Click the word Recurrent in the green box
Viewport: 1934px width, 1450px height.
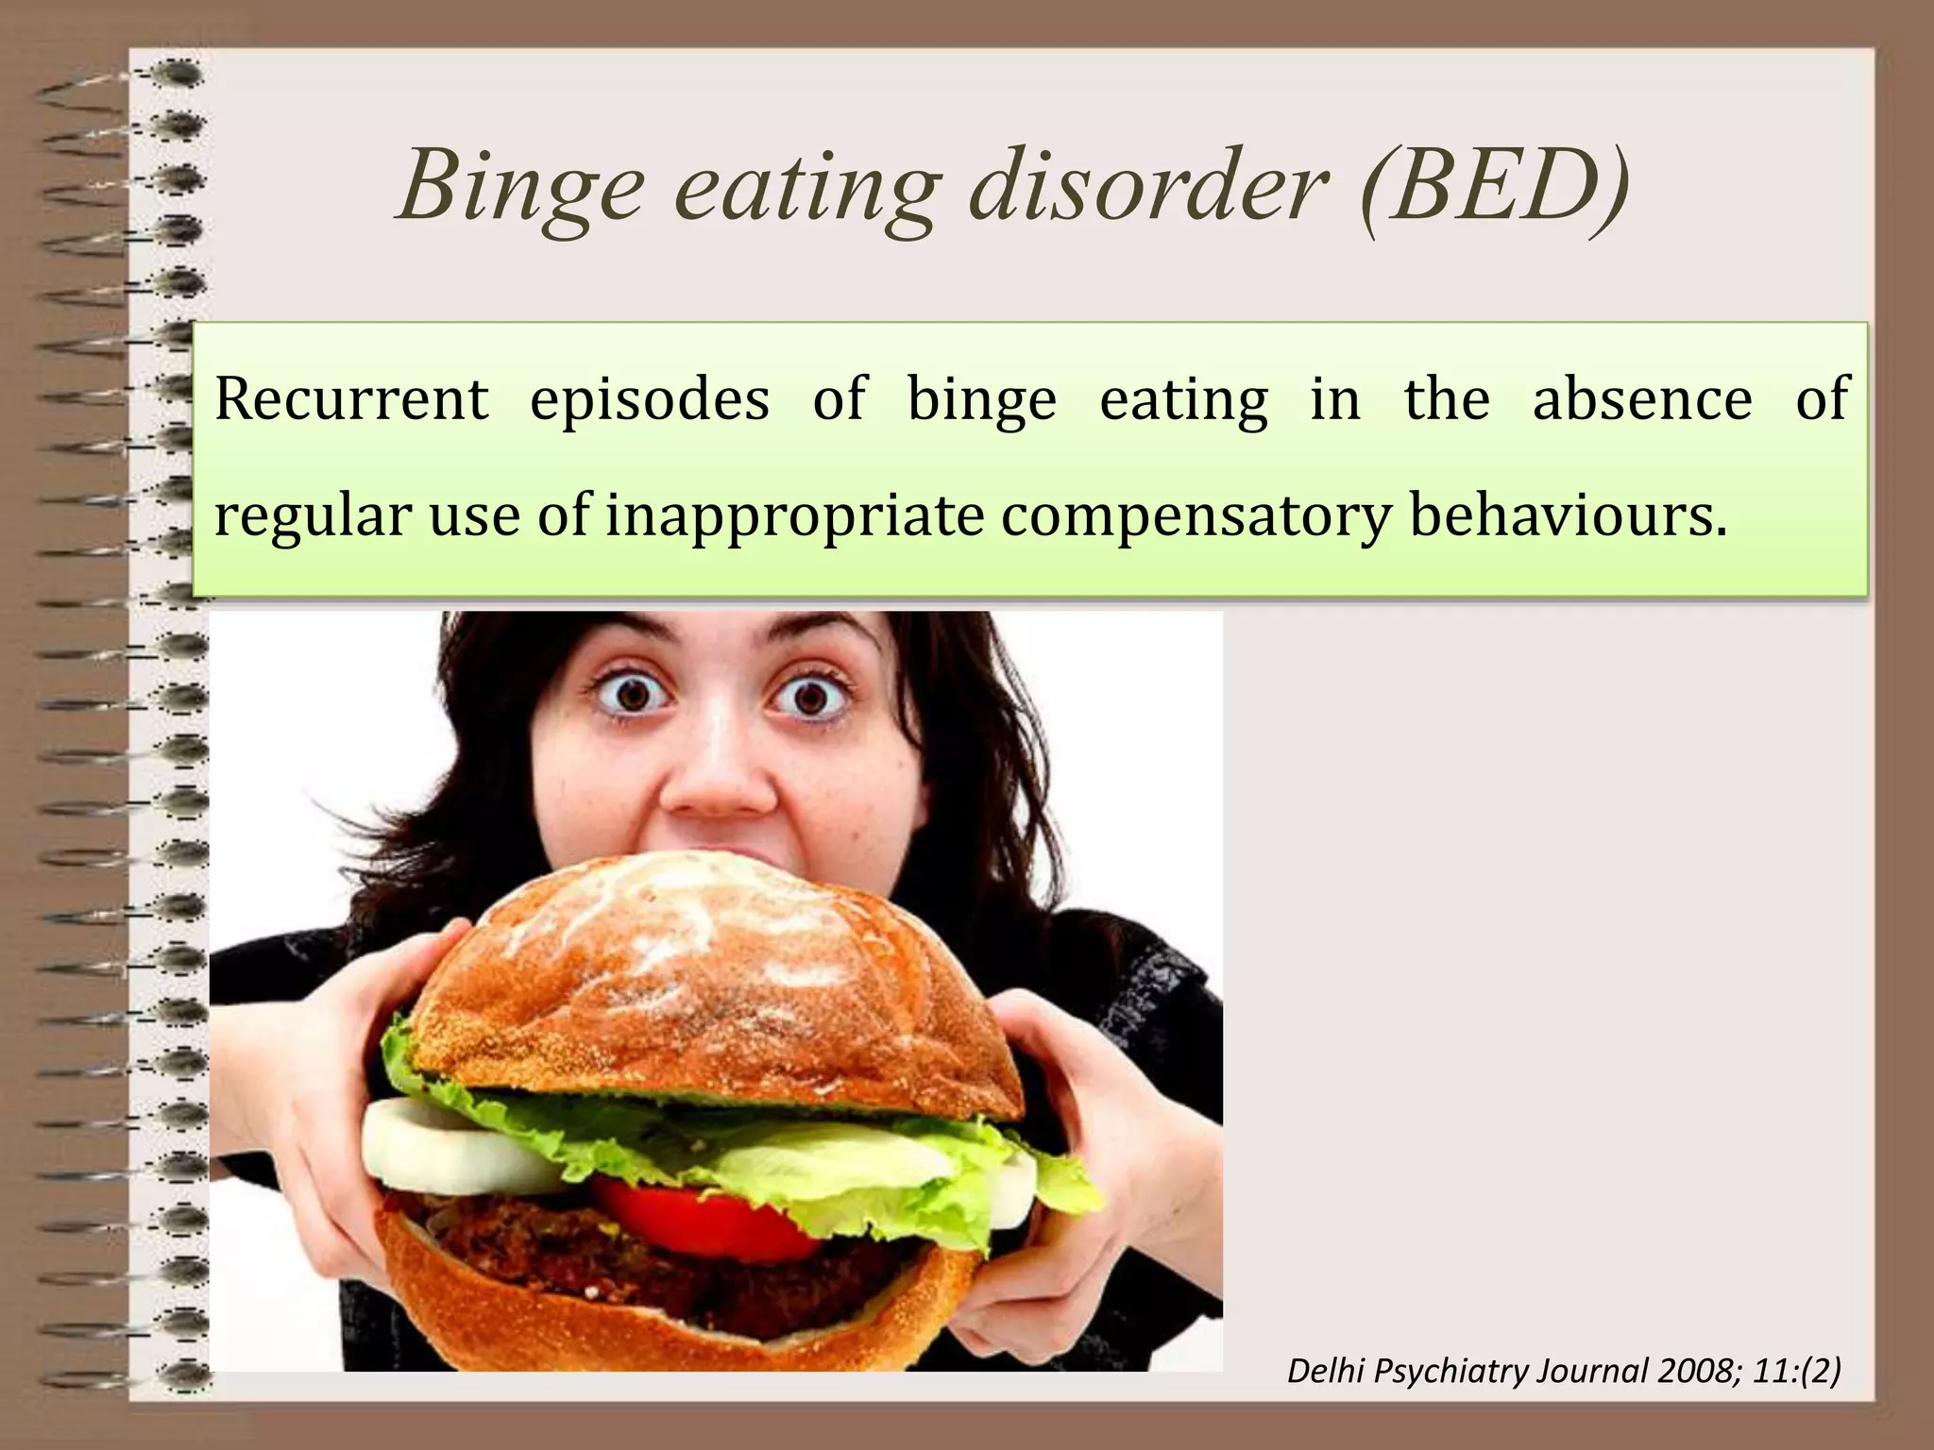pyautogui.click(x=351, y=400)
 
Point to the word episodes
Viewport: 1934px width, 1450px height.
pyautogui.click(x=650, y=400)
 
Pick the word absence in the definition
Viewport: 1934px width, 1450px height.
pyautogui.click(x=1642, y=400)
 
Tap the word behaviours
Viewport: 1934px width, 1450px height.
pyautogui.click(x=1569, y=516)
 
